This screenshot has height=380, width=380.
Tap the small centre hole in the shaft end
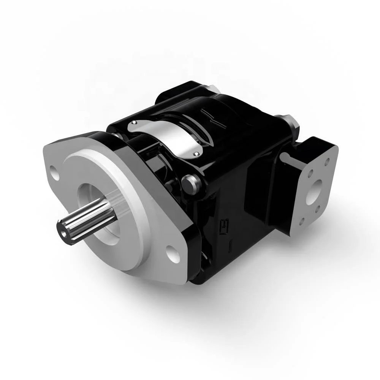click(x=63, y=230)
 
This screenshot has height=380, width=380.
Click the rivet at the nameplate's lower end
click(x=196, y=154)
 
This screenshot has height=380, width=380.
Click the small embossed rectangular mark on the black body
click(x=224, y=227)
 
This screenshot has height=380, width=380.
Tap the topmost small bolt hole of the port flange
click(x=326, y=162)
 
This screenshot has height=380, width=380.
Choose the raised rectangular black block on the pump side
click(x=262, y=194)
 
